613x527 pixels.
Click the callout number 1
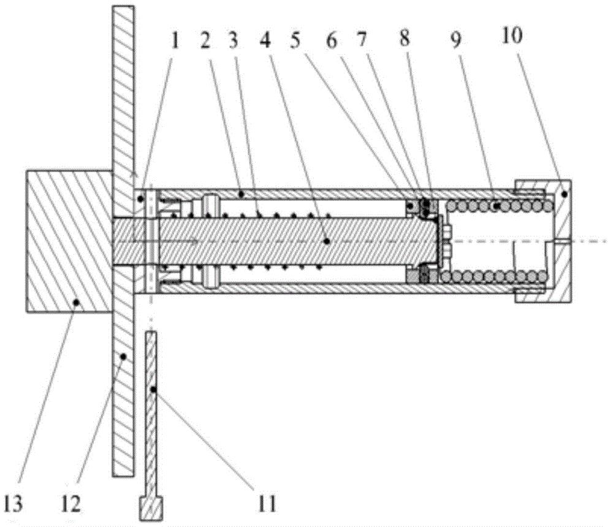point(174,40)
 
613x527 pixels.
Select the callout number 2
point(205,40)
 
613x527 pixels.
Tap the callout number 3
point(234,40)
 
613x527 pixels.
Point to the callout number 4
point(265,40)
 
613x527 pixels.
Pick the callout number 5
point(295,40)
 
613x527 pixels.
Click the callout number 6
point(332,40)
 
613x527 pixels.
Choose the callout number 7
point(362,40)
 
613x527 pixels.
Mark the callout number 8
point(404,39)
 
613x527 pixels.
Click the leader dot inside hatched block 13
point(77,302)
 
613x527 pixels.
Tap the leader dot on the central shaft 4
point(327,241)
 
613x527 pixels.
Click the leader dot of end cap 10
point(564,194)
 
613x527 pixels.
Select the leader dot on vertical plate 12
point(123,356)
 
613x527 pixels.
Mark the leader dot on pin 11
point(154,390)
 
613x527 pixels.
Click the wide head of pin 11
point(151,508)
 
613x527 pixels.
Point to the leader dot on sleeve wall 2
point(241,194)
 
